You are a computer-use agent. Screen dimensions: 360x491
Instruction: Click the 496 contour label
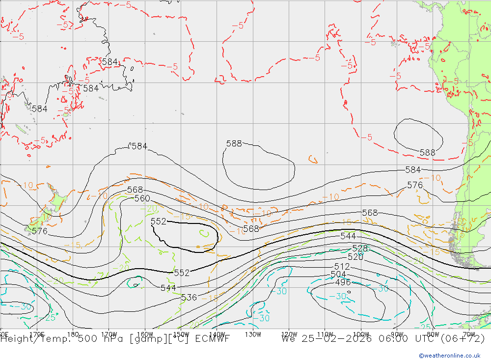click(x=343, y=282)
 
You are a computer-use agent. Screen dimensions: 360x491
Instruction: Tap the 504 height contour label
click(x=338, y=275)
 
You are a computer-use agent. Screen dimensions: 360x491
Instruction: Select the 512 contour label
click(x=342, y=267)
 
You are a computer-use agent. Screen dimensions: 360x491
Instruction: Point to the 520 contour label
click(x=355, y=257)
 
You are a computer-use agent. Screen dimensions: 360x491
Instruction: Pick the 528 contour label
click(x=360, y=249)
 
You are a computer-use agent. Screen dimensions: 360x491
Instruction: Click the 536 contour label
click(x=189, y=298)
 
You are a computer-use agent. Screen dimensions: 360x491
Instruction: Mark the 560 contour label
click(x=142, y=198)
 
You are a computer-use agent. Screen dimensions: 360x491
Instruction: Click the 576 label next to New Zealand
click(x=39, y=231)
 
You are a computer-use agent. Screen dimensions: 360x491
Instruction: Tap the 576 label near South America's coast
click(x=415, y=185)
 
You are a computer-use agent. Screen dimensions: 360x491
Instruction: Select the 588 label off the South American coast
click(x=427, y=153)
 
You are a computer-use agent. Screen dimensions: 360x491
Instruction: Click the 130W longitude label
click(x=252, y=334)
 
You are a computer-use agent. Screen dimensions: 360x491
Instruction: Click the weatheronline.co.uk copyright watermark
click(x=449, y=356)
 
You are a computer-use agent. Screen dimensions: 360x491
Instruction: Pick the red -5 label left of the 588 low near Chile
click(x=366, y=138)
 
